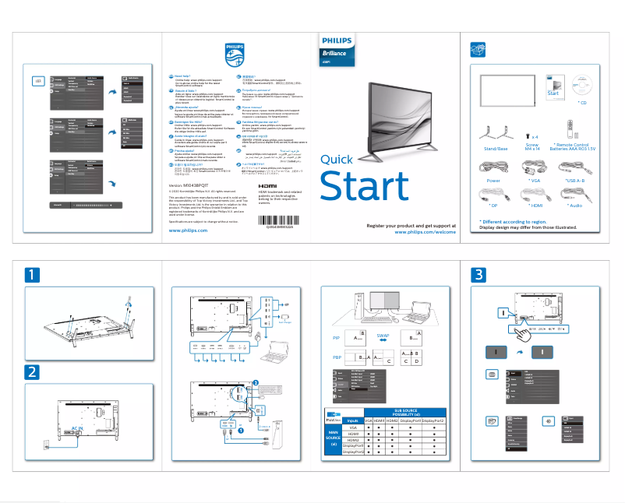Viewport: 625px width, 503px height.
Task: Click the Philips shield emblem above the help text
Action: pos(234,54)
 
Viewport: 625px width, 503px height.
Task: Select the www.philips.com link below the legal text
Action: pos(188,230)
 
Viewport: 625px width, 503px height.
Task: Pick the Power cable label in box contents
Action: pos(493,180)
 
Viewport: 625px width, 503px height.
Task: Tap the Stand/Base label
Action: pos(496,147)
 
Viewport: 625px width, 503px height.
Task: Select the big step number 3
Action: pos(478,275)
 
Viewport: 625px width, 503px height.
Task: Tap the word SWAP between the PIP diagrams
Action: pos(383,335)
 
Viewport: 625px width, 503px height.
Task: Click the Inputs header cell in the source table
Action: pos(352,420)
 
